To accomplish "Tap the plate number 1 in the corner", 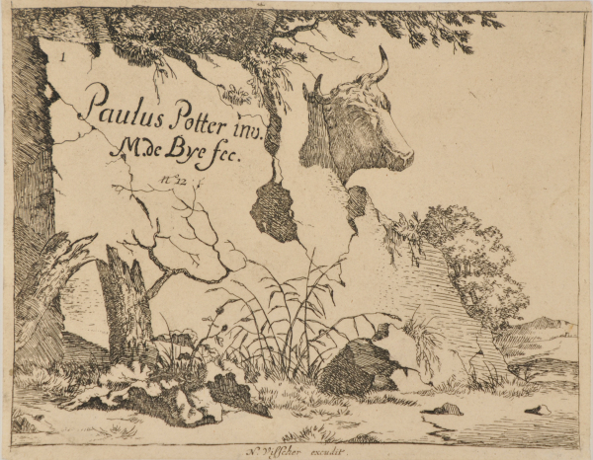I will (x=62, y=58).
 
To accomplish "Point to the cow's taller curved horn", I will (x=379, y=67).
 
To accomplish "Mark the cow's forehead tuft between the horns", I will (x=348, y=90).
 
